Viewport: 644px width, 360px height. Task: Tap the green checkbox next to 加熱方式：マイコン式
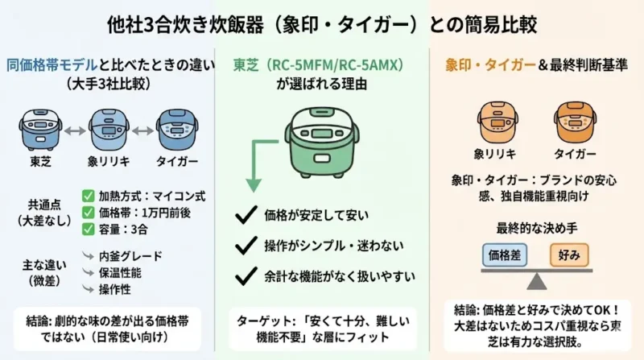[x=88, y=195]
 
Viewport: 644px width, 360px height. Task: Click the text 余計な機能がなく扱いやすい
[x=337, y=276]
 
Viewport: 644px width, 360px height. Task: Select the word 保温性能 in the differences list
[x=124, y=272]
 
